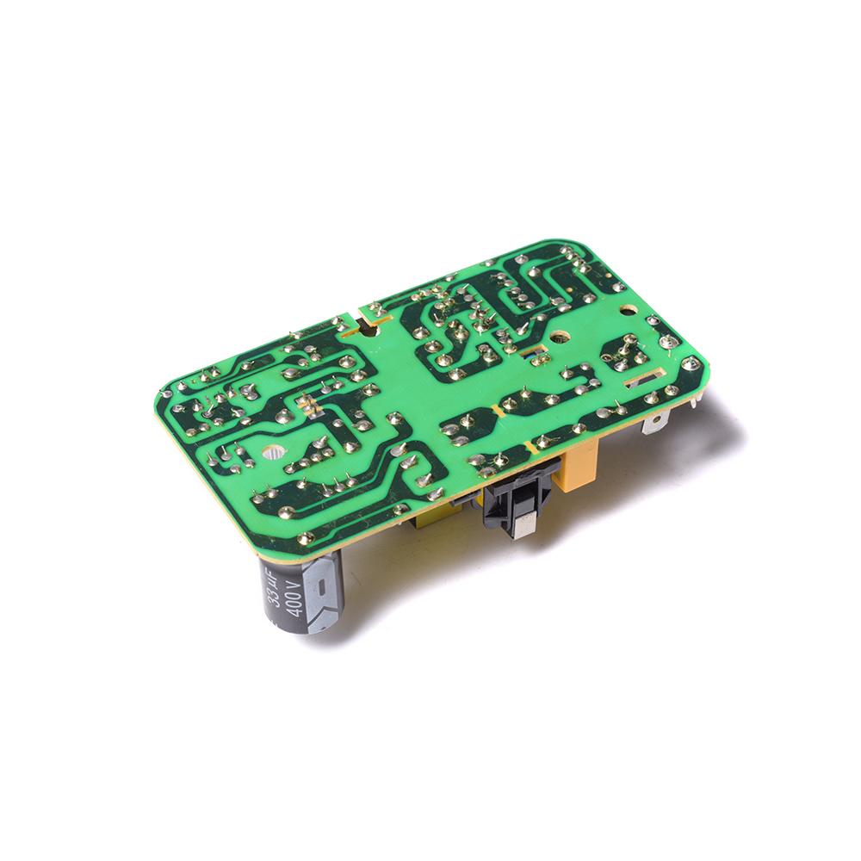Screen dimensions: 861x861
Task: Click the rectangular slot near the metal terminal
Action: click(x=642, y=380)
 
